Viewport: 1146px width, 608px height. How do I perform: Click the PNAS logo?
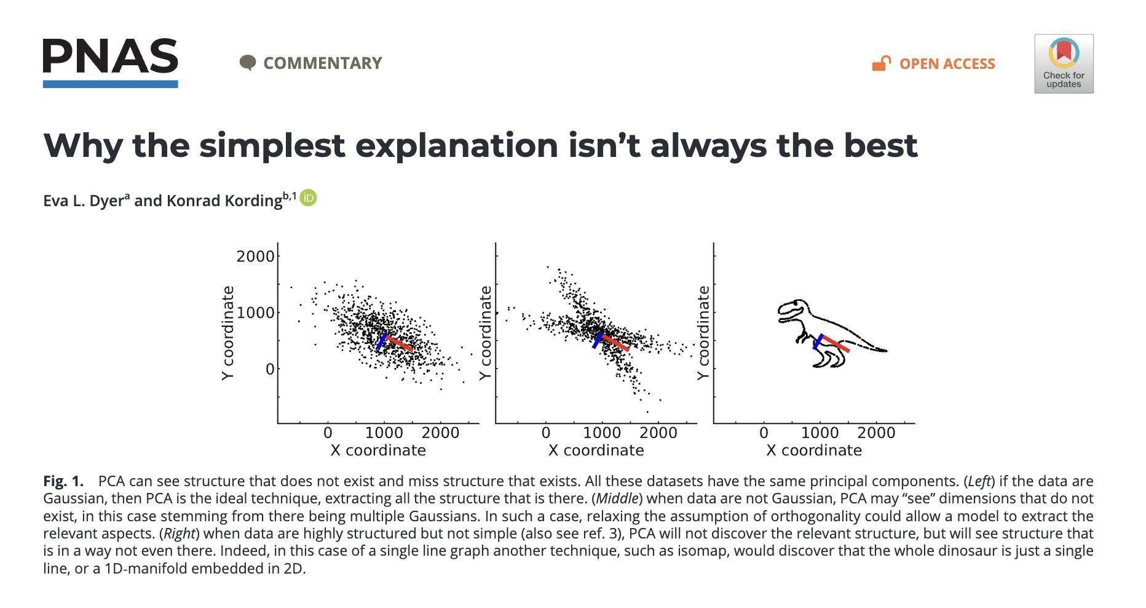click(x=111, y=62)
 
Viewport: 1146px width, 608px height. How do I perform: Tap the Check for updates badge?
click(x=1064, y=64)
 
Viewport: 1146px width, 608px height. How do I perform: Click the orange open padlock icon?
click(x=881, y=63)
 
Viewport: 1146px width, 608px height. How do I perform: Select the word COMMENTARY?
click(x=322, y=63)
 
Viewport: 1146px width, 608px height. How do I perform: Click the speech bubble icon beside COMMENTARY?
click(x=247, y=63)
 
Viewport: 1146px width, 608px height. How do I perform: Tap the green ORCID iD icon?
click(x=308, y=198)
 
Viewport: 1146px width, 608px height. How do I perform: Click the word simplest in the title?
click(x=271, y=145)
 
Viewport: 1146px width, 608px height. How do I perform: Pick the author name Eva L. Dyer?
click(x=84, y=201)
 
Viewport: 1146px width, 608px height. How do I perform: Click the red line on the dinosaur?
click(x=836, y=344)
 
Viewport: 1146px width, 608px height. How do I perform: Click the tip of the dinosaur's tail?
click(x=885, y=351)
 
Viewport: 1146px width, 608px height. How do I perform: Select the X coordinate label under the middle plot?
click(x=596, y=450)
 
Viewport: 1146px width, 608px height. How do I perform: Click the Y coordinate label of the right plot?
click(x=704, y=333)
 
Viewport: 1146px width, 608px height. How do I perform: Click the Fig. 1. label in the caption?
click(x=63, y=481)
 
